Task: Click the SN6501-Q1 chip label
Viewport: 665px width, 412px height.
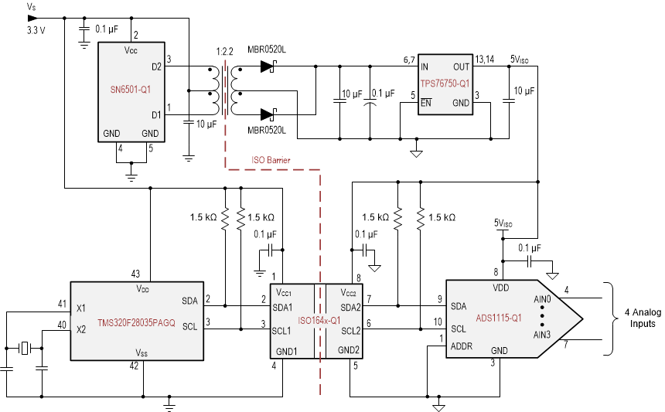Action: tap(129, 89)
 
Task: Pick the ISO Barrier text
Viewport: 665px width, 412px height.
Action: tap(270, 161)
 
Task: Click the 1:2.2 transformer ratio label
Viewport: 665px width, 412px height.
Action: tap(223, 51)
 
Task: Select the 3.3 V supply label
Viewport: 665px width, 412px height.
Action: tap(36, 31)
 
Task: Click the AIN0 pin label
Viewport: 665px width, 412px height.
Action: tap(543, 298)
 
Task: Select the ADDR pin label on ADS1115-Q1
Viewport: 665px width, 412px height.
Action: tap(462, 346)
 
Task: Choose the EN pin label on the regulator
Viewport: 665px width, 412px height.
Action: tap(426, 103)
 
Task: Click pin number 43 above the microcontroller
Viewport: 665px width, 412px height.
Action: tap(135, 274)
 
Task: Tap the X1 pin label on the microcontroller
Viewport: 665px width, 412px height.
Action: tap(80, 307)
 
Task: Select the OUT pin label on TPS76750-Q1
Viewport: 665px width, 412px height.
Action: tap(462, 67)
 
